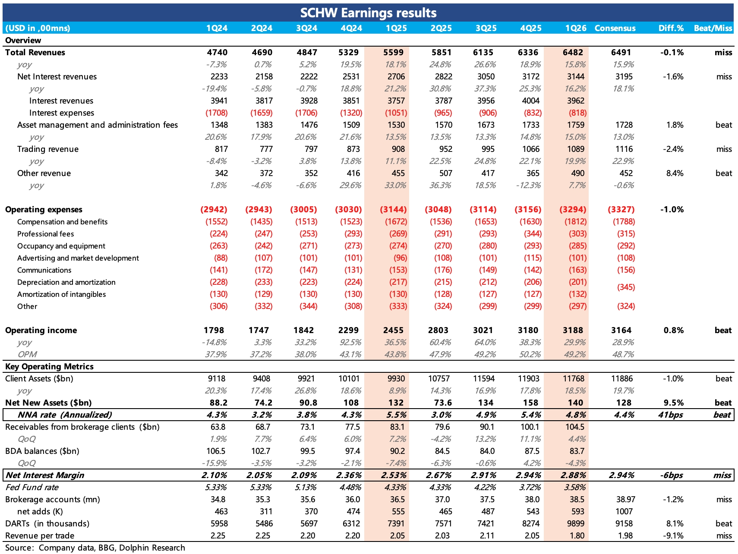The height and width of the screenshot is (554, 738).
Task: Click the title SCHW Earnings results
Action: pyautogui.click(x=368, y=13)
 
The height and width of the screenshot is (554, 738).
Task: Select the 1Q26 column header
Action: pyautogui.click(x=576, y=28)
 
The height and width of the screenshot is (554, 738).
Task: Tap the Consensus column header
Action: pyautogui.click(x=615, y=28)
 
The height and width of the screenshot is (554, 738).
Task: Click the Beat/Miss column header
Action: pyautogui.click(x=713, y=28)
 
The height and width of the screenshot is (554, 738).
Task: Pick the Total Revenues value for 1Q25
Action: pyautogui.click(x=393, y=52)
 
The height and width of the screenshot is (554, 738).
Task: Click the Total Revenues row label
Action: pyautogui.click(x=35, y=52)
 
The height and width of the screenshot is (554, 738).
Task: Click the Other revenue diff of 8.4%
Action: pyautogui.click(x=675, y=173)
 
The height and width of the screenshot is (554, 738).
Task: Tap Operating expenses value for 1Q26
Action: pyautogui.click(x=573, y=209)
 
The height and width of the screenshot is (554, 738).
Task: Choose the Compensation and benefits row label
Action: pyautogui.click(x=62, y=222)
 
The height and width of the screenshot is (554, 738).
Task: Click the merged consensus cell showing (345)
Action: pyautogui.click(x=626, y=287)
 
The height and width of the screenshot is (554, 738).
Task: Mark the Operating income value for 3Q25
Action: pyautogui.click(x=483, y=330)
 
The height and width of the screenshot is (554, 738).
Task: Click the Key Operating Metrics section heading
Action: pyautogui.click(x=49, y=366)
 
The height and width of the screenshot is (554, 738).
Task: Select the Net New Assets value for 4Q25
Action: pyautogui.click(x=530, y=403)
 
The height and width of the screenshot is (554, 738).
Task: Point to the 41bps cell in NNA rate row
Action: pyautogui.click(x=671, y=415)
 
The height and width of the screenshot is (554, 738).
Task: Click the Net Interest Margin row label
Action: pyautogui.click(x=45, y=475)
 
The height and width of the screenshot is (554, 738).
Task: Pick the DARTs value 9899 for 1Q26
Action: pyautogui.click(x=575, y=523)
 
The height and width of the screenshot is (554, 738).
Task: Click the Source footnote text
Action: pyautogui.click(x=95, y=548)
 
